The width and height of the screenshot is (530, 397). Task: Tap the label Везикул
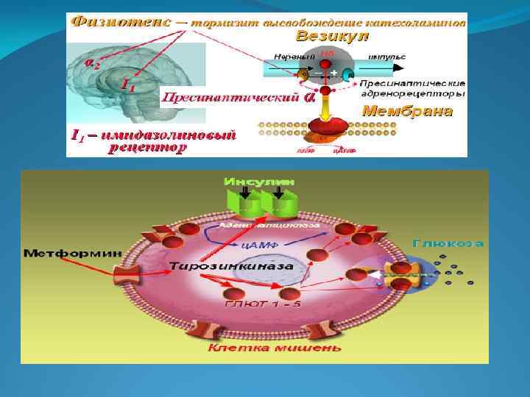click(x=332, y=36)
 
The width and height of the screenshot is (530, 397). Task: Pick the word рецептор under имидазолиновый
click(x=147, y=148)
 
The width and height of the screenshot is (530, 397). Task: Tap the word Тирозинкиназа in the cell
click(x=231, y=265)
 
